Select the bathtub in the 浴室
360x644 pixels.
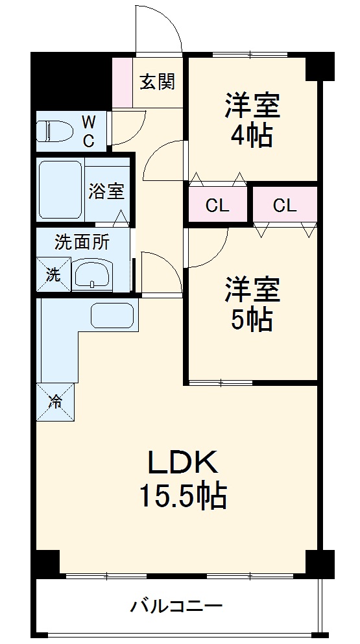[x=60, y=191]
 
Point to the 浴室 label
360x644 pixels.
[x=106, y=191]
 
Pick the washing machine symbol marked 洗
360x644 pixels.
[x=52, y=274]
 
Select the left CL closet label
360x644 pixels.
[x=217, y=206]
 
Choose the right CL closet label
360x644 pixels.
[x=284, y=206]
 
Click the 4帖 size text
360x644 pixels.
[x=252, y=136]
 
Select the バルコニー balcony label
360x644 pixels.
[x=177, y=607]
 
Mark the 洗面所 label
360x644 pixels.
[x=82, y=243]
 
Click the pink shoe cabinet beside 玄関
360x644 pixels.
[x=121, y=82]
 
